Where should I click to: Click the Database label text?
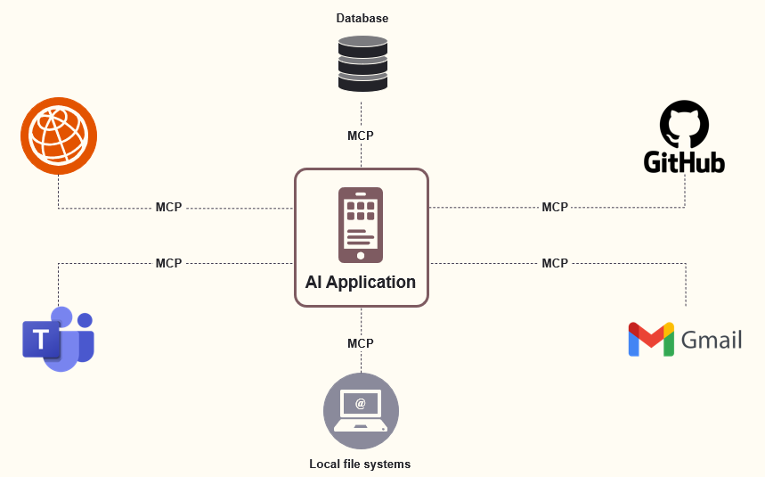[x=362, y=18]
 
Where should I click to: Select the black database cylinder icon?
[x=362, y=63]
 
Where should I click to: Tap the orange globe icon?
[x=59, y=136]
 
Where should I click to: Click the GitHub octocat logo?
[x=684, y=125]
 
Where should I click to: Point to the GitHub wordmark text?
[x=684, y=161]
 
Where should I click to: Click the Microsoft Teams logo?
[x=59, y=338]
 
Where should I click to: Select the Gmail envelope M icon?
[x=651, y=340]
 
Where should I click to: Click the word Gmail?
[x=711, y=340]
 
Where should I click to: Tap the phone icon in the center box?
[x=361, y=224]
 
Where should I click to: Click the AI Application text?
[x=361, y=282]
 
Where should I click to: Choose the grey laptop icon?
[x=361, y=411]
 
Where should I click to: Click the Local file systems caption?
[x=360, y=464]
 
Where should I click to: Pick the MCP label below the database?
[x=361, y=136]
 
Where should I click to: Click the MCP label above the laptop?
[x=361, y=343]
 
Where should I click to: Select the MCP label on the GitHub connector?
[x=555, y=207]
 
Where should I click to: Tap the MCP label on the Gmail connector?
[x=555, y=263]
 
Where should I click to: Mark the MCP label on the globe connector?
[x=168, y=207]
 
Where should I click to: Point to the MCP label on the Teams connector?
[x=168, y=263]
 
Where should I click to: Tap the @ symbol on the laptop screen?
[x=360, y=404]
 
